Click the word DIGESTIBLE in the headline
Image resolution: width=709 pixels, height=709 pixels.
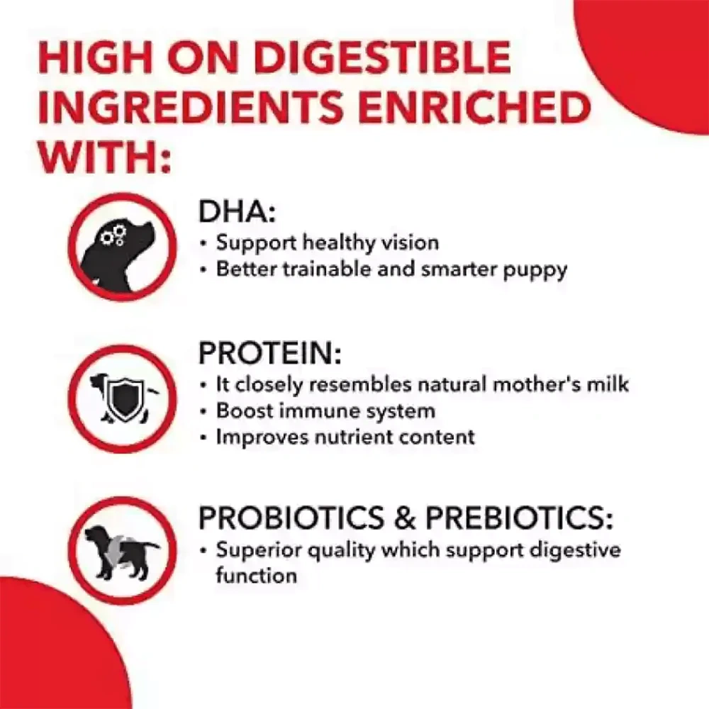click(x=383, y=58)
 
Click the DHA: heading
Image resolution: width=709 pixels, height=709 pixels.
click(x=237, y=211)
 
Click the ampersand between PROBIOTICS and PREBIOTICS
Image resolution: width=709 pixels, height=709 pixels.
click(x=405, y=518)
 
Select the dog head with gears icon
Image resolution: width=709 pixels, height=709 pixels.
click(x=118, y=255)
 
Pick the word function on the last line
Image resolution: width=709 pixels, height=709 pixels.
click(x=257, y=576)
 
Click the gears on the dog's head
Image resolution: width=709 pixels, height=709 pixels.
click(x=113, y=235)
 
